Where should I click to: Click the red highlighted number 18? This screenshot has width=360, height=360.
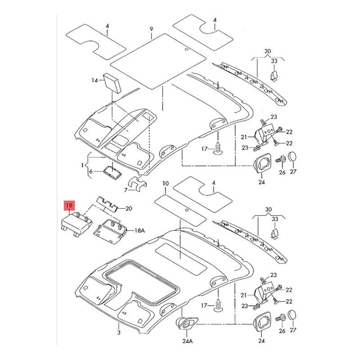[69, 205]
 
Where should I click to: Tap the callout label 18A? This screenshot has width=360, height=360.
[139, 230]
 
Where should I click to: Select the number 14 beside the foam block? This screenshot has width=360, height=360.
[94, 81]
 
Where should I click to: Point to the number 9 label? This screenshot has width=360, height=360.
[151, 29]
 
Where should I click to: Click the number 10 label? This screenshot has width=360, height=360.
[166, 184]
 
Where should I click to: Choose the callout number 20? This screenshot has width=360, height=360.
[129, 208]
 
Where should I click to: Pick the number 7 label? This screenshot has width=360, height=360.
[126, 190]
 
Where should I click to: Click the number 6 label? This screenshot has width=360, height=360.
[91, 171]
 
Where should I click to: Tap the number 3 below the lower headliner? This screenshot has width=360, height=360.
[119, 332]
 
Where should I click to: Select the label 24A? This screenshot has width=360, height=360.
[188, 341]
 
